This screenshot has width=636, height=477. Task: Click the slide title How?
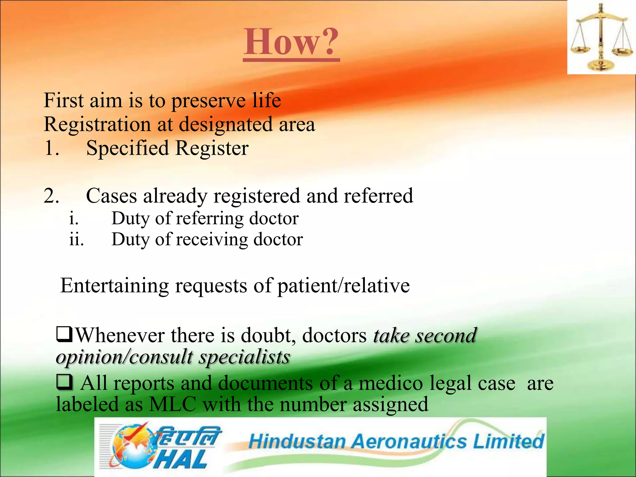(291, 42)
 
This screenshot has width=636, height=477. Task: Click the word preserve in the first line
(209, 101)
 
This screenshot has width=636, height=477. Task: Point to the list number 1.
(51, 148)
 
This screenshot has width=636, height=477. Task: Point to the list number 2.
(51, 196)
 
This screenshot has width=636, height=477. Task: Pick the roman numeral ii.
(76, 240)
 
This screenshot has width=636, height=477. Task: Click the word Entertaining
(114, 286)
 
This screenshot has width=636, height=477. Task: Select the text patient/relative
(343, 286)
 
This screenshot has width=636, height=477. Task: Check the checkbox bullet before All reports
(65, 382)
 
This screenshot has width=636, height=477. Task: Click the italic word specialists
(244, 357)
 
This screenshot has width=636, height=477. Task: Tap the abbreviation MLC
(173, 405)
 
